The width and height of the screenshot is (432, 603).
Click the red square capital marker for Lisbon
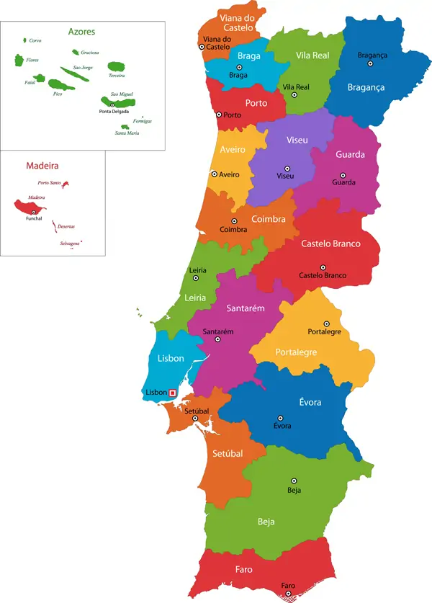172,393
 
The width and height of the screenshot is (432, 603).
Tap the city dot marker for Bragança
370,63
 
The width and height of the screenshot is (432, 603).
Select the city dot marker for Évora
281,417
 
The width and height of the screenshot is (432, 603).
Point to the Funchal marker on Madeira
34,212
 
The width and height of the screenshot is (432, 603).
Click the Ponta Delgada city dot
112,104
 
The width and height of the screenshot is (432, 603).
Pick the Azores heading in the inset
81,32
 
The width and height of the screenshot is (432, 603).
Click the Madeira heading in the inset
42,165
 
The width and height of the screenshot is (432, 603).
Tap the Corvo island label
35,41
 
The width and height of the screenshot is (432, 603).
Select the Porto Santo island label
48,183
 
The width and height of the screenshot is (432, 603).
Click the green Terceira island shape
116,66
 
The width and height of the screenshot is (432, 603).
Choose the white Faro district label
243,569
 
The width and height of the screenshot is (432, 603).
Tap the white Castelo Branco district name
330,244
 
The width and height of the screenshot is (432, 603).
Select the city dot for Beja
294,481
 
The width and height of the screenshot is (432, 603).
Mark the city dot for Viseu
286,166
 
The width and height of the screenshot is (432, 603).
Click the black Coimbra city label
233,230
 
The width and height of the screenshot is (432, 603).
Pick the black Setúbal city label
196,410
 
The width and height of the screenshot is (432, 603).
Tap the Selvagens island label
70,244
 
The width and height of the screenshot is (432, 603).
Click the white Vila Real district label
312,55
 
